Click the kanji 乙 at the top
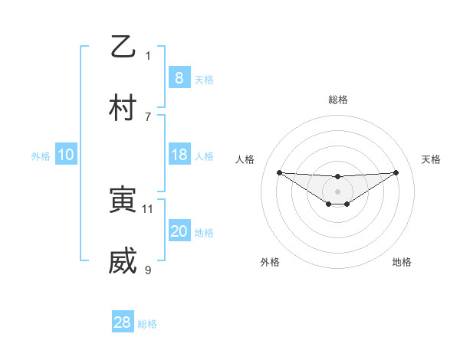[x=123, y=46]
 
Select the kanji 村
[x=123, y=108]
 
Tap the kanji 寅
[x=123, y=201]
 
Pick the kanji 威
[x=123, y=262]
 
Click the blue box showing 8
[x=179, y=77]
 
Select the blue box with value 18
[x=179, y=155]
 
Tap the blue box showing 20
[x=179, y=231]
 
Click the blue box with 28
[x=123, y=322]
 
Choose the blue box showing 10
[x=66, y=155]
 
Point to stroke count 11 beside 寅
[x=148, y=208]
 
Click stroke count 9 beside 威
[x=148, y=270]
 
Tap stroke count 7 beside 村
[x=148, y=116]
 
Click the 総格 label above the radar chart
[x=337, y=100]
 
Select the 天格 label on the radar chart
[x=432, y=159]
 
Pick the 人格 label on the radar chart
[x=245, y=159]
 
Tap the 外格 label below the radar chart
[x=270, y=263]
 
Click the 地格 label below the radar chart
[x=402, y=263]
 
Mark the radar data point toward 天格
[x=396, y=172]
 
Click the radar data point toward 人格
[x=279, y=172]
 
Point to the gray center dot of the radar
[x=337, y=191]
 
